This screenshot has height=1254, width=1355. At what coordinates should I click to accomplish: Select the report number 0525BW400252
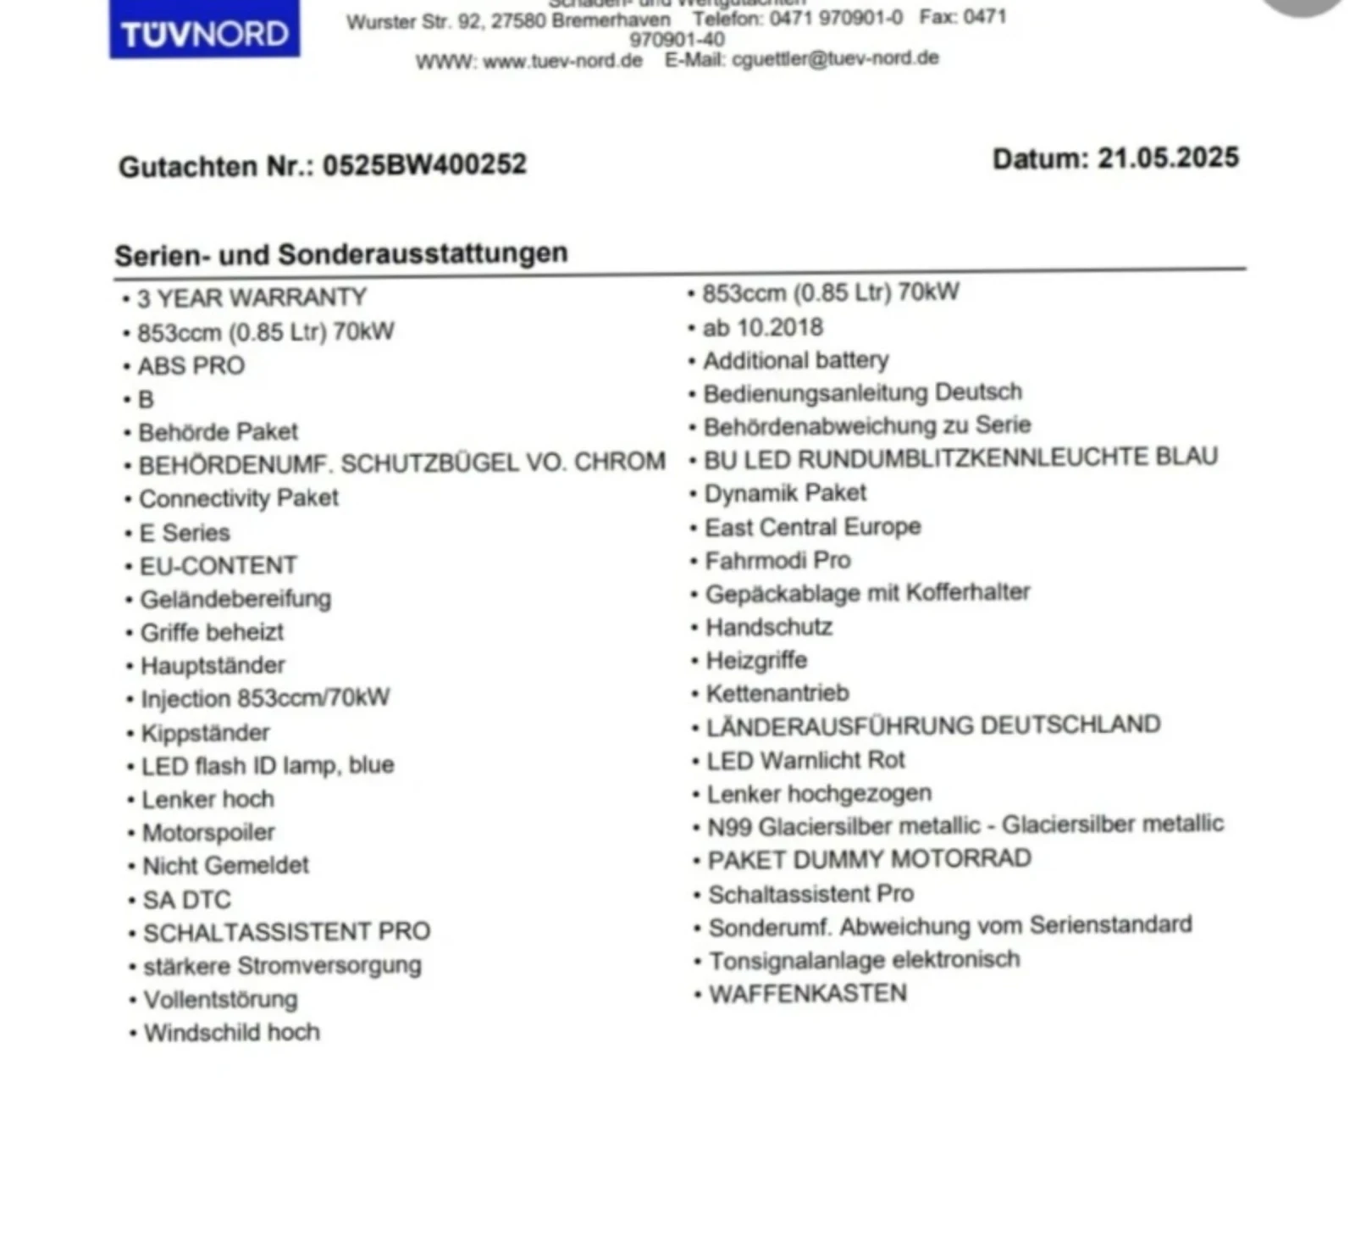click(x=424, y=164)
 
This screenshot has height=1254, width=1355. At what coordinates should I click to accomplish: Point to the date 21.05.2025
click(x=1168, y=158)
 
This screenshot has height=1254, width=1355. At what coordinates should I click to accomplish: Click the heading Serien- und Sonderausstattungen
click(x=341, y=254)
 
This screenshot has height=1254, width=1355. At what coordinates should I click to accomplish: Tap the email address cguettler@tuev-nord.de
click(x=835, y=58)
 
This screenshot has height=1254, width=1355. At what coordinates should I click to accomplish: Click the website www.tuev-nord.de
click(x=562, y=61)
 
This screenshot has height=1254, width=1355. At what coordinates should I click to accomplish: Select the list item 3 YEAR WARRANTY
click(x=252, y=298)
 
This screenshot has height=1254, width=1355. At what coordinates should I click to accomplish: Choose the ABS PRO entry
click(x=191, y=365)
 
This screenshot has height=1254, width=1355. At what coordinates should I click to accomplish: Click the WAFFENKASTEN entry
click(x=807, y=993)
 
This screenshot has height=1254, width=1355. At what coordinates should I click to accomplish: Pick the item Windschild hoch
click(x=231, y=1033)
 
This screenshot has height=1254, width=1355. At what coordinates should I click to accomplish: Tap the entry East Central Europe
click(x=812, y=527)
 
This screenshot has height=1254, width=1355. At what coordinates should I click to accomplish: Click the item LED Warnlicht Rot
click(x=805, y=760)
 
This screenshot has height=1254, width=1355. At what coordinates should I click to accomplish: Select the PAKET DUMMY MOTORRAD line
click(x=869, y=859)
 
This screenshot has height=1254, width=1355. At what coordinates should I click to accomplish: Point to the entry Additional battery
click(x=795, y=360)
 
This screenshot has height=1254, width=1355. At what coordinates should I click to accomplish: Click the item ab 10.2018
click(x=762, y=327)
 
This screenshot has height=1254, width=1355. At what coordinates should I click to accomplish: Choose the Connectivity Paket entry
click(x=238, y=498)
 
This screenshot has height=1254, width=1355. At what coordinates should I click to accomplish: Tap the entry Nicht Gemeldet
click(x=225, y=865)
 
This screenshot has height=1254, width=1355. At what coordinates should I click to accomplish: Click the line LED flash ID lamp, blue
click(x=267, y=765)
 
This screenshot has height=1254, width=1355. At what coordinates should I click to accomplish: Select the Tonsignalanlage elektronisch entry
click(x=864, y=960)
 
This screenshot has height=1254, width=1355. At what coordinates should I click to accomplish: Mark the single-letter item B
click(x=146, y=399)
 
